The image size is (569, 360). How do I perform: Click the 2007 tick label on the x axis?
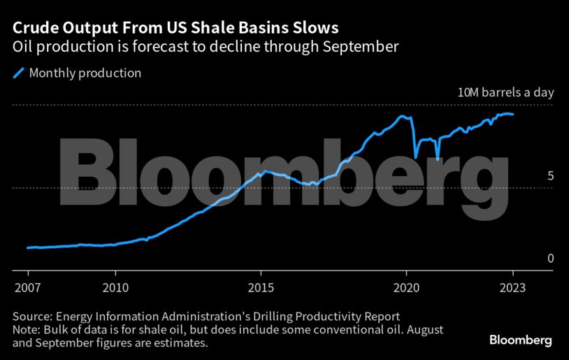coord(28,287)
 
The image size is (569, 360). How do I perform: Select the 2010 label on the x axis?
coord(115,287)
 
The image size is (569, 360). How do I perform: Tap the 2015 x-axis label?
coord(261,287)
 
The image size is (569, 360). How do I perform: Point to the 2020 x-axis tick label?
coord(407,287)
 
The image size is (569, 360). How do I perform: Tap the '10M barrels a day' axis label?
coord(505,92)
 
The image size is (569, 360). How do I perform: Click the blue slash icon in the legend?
coord(19,73)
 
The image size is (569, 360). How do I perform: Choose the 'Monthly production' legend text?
coord(85,73)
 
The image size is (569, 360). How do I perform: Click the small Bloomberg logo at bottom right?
coord(520,340)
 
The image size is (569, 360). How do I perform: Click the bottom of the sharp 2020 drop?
coord(415,157)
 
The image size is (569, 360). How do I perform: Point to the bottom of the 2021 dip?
coord(438,159)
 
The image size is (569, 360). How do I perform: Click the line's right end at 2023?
coord(514,115)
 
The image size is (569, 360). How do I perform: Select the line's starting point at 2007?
coord(28,247)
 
